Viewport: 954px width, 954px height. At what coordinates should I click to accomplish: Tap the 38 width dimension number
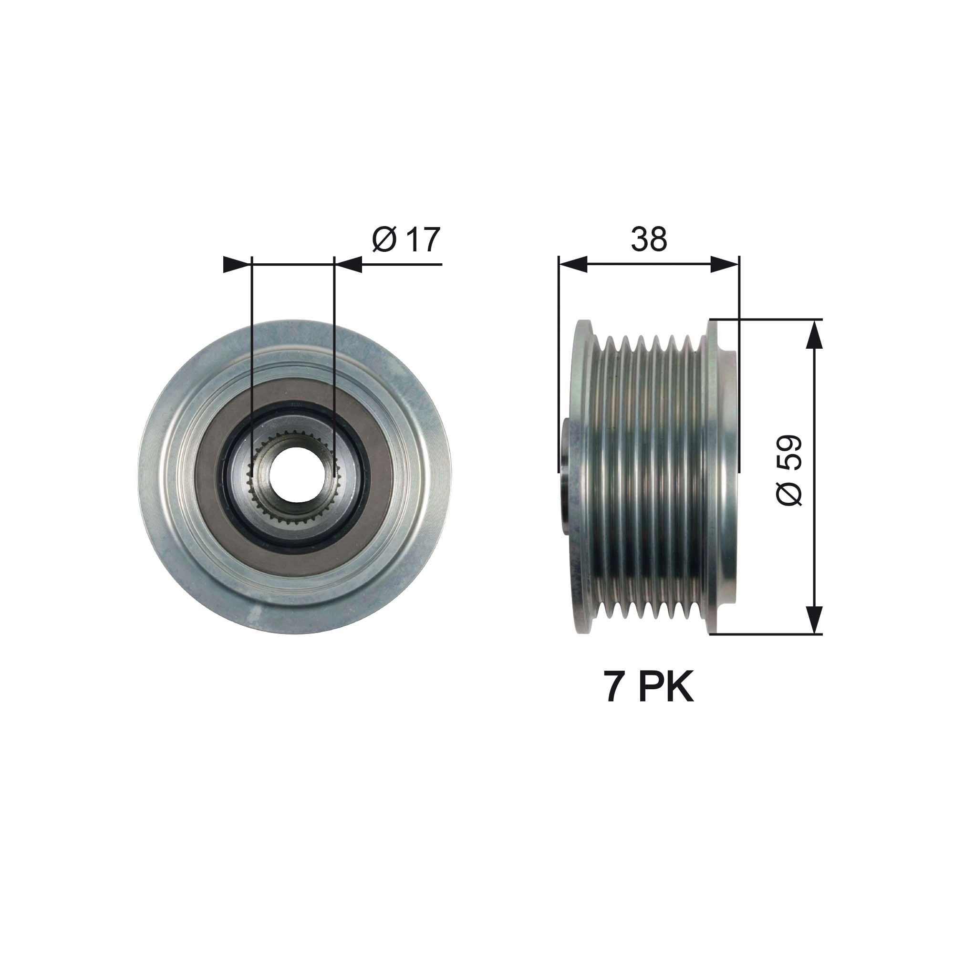(x=649, y=239)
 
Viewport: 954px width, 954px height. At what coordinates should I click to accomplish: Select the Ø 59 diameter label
(x=788, y=470)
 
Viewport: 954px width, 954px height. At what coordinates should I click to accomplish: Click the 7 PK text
(x=649, y=687)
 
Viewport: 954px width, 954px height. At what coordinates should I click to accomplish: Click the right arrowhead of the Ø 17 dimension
(x=350, y=265)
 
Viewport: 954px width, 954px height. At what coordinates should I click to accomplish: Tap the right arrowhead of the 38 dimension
(x=725, y=265)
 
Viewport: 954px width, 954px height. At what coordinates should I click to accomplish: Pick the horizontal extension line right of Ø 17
(x=403, y=265)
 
